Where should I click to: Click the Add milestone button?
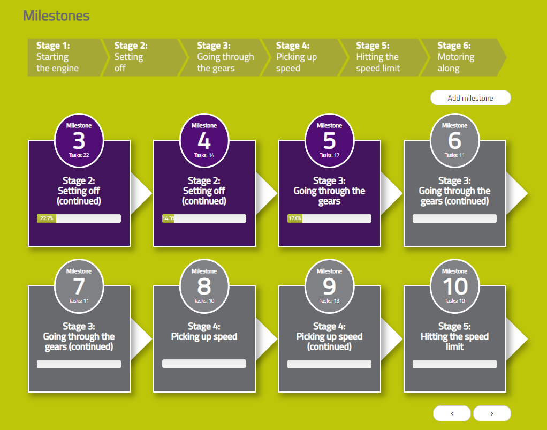470,98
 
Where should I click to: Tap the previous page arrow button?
452,413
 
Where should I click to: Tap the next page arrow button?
492,413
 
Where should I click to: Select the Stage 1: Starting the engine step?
66,57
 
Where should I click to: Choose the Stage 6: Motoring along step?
462,57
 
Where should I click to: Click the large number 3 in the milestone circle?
79,141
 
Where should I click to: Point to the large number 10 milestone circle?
455,286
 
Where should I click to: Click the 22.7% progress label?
47,218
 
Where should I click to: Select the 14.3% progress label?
169,218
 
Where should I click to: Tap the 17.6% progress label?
295,218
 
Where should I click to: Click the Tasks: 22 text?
79,155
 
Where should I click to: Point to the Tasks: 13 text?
329,300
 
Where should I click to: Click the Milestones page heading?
56,16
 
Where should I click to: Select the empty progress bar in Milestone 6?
454,218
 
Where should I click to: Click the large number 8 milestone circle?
204,286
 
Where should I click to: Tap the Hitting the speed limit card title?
454,341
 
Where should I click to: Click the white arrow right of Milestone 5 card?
391,193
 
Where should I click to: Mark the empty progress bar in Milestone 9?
329,364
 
